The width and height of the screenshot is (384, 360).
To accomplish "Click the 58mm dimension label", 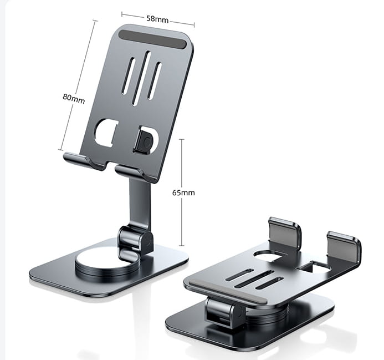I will [157, 19].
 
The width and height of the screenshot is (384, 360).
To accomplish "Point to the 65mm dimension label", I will [183, 193].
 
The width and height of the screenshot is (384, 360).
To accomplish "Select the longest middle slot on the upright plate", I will [140, 78].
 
